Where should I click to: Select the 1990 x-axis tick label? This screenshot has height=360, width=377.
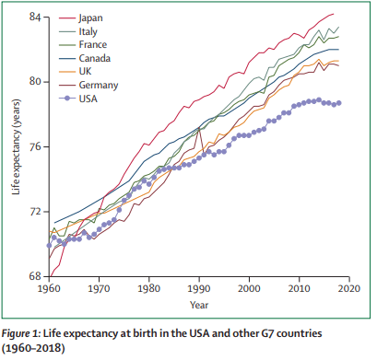pyautogui.click(x=198, y=289)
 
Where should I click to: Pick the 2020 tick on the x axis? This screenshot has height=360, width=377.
pyautogui.click(x=348, y=289)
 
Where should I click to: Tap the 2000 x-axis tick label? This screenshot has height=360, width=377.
pyautogui.click(x=248, y=289)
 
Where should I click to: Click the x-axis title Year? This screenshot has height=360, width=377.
pyautogui.click(x=199, y=303)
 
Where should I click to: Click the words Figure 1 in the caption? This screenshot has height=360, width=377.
pyautogui.click(x=28, y=331)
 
